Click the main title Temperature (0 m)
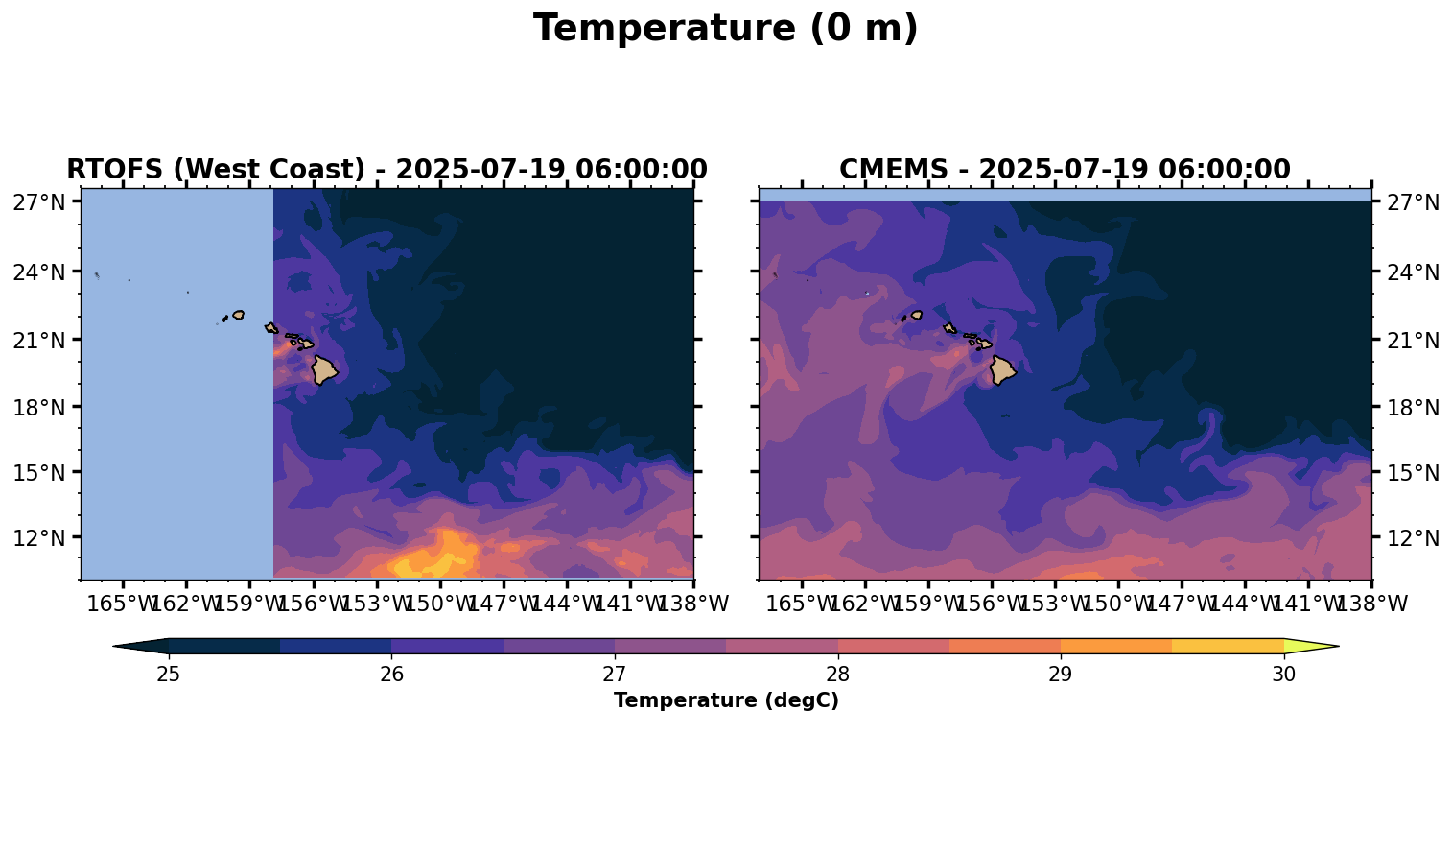tap(725, 29)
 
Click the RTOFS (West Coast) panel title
tap(386, 170)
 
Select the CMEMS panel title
tap(1065, 170)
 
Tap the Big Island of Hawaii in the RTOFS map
tap(323, 369)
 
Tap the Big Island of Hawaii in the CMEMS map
tap(1002, 369)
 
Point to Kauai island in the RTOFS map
tap(239, 315)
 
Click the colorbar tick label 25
tap(169, 675)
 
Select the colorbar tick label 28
tap(837, 675)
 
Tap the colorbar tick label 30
tap(1283, 675)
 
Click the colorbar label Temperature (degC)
tap(726, 701)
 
